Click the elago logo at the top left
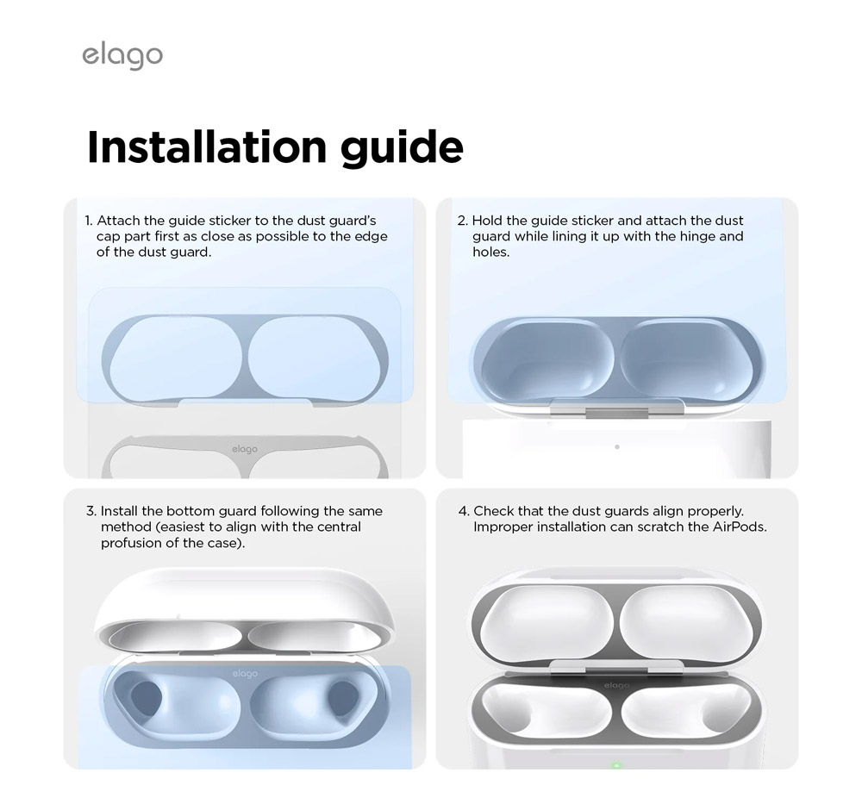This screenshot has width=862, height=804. [122, 55]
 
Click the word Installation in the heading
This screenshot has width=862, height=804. [207, 146]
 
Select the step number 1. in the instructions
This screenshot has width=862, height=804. [89, 221]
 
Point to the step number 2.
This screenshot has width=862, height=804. [462, 221]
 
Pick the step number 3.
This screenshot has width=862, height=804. [91, 511]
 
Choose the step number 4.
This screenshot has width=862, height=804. [464, 511]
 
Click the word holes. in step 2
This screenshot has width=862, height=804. [491, 252]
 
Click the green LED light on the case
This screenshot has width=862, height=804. [616, 765]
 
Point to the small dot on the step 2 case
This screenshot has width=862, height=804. [617, 446]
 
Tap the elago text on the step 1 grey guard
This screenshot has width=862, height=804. [245, 450]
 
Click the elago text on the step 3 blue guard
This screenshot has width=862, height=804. [245, 674]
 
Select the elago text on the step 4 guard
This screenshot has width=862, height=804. [616, 685]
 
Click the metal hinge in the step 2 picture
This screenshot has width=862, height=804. [617, 408]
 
